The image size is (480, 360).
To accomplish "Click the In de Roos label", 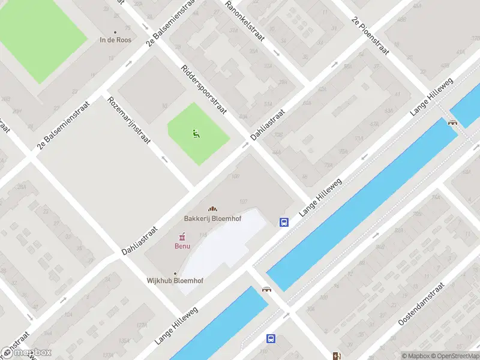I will (x=115, y=40).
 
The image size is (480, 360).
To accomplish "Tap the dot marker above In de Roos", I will (x=115, y=32).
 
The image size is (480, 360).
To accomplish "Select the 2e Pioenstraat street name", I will (x=371, y=35).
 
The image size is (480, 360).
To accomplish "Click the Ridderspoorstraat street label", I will (x=202, y=91).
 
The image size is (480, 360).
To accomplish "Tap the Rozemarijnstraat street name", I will (x=129, y=120).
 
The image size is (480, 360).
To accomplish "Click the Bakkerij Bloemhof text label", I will (x=212, y=218).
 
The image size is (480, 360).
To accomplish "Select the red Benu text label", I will (x=182, y=246).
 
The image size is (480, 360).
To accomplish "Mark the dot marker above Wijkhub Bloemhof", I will (x=175, y=273).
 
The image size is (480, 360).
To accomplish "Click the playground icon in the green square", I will (x=196, y=133).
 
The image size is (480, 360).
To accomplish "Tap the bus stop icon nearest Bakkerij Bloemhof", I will (x=283, y=222).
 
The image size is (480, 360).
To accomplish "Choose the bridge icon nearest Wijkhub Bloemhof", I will (x=266, y=289).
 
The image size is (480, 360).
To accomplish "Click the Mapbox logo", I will (x=26, y=352).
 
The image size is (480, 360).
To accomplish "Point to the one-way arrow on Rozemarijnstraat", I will (x=165, y=160).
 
